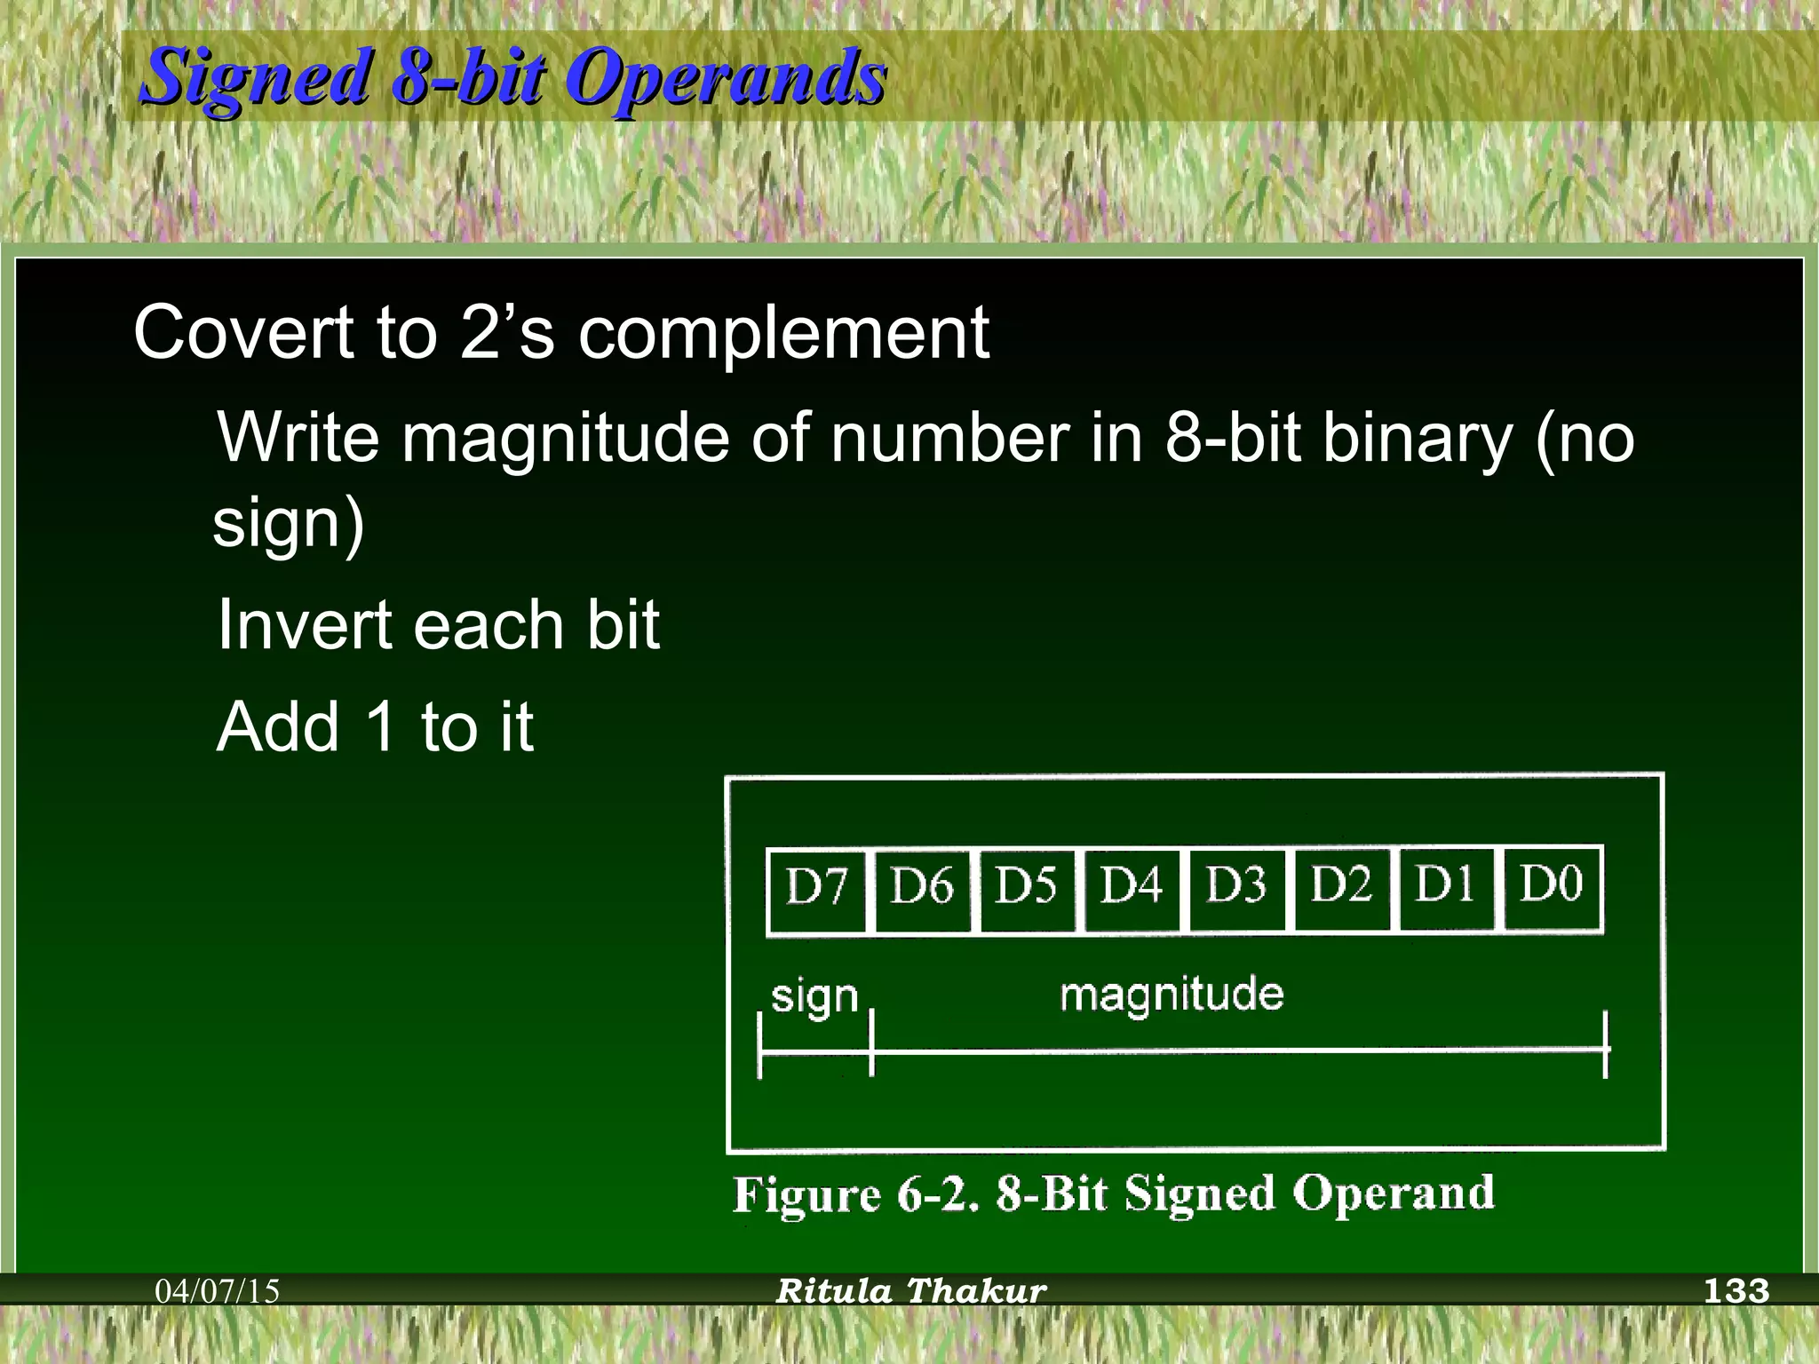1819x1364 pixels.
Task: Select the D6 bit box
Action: pos(922,889)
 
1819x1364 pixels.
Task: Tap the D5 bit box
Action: pos(1027,889)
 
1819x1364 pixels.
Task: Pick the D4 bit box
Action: pos(1132,889)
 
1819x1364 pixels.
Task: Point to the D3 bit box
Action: pos(1236,889)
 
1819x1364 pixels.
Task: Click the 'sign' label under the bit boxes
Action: pos(814,997)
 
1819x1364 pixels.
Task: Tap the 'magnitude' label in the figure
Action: pos(1172,994)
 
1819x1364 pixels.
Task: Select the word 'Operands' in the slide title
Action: pos(726,78)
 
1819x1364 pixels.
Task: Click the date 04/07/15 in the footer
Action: pos(218,1290)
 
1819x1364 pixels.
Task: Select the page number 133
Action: pos(1736,1290)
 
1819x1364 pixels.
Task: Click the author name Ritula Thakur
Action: pos(911,1290)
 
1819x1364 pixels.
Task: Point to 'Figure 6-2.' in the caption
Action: pos(855,1194)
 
